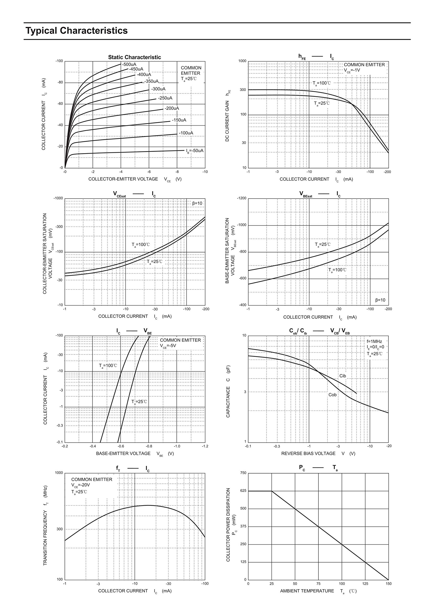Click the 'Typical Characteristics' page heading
pyautogui.click(x=77, y=31)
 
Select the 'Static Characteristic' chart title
pyautogui.click(x=134, y=57)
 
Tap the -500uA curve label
pyautogui.click(x=129, y=64)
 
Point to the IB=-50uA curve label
pyautogui.click(x=195, y=151)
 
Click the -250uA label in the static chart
pyautogui.click(x=165, y=98)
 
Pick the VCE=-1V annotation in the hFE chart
pyautogui.click(x=352, y=70)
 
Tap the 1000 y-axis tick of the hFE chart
pyautogui.click(x=242, y=61)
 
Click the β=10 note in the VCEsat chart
pyautogui.click(x=197, y=204)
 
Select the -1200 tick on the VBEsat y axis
pyautogui.click(x=242, y=199)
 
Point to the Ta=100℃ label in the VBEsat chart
pyautogui.click(x=337, y=270)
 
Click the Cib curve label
pyautogui.click(x=342, y=376)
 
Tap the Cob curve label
pyautogui.click(x=332, y=395)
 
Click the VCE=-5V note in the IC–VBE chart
pyautogui.click(x=168, y=346)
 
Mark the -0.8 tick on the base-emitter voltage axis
pyautogui.click(x=149, y=446)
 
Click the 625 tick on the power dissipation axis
pyautogui.click(x=243, y=491)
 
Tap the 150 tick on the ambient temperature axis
pyautogui.click(x=389, y=584)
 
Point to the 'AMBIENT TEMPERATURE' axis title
pyautogui.click(x=307, y=591)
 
